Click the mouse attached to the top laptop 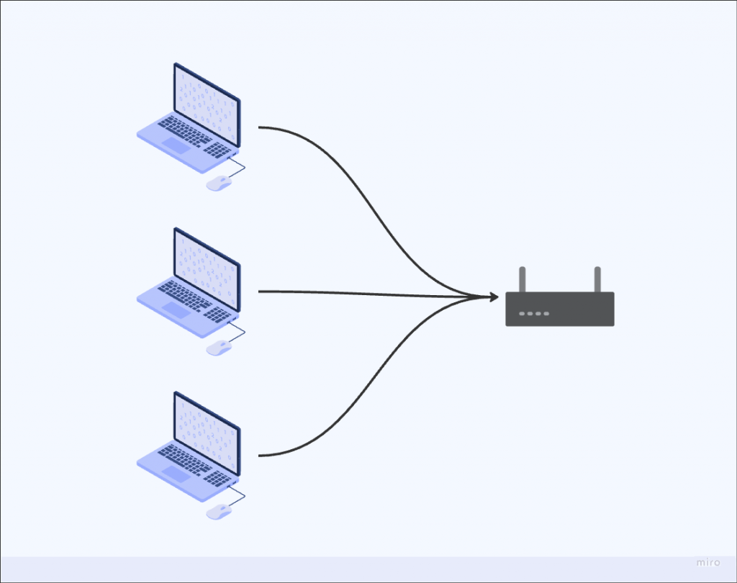click(219, 184)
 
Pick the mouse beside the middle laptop click(219, 348)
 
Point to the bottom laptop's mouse click(219, 512)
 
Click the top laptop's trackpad click(175, 145)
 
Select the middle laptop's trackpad click(175, 309)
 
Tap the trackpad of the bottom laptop click(175, 474)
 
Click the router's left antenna click(523, 279)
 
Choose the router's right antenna click(597, 279)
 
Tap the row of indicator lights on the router click(534, 314)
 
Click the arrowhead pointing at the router click(492, 297)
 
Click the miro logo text click(707, 562)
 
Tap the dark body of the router click(576, 309)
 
